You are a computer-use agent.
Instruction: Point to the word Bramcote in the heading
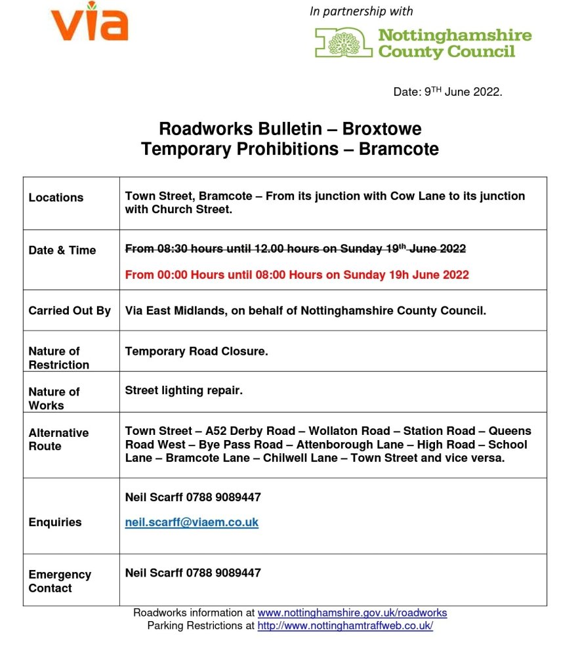click(398, 149)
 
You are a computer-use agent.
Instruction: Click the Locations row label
click(56, 197)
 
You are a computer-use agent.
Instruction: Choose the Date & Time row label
click(62, 250)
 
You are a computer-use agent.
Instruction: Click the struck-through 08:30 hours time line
click(295, 249)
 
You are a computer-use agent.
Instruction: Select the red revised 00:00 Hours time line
click(297, 275)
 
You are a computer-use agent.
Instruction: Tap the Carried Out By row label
click(70, 311)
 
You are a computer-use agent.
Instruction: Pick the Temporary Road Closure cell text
click(196, 352)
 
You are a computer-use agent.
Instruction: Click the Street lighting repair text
click(184, 390)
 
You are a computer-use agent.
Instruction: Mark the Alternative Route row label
click(58, 439)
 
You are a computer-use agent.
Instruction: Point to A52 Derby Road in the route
click(251, 431)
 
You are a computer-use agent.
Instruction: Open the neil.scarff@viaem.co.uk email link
click(192, 523)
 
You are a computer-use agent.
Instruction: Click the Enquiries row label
click(55, 522)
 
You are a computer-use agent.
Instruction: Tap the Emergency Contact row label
click(60, 581)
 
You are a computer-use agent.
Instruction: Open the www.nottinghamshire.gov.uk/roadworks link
click(352, 613)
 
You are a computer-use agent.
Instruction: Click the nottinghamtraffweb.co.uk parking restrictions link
click(345, 626)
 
